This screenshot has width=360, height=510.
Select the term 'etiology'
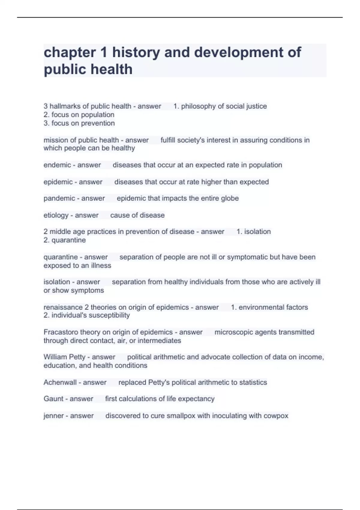56,215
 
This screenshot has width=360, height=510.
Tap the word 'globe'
229,198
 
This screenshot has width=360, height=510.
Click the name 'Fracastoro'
61,332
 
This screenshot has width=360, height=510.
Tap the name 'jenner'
53,416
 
